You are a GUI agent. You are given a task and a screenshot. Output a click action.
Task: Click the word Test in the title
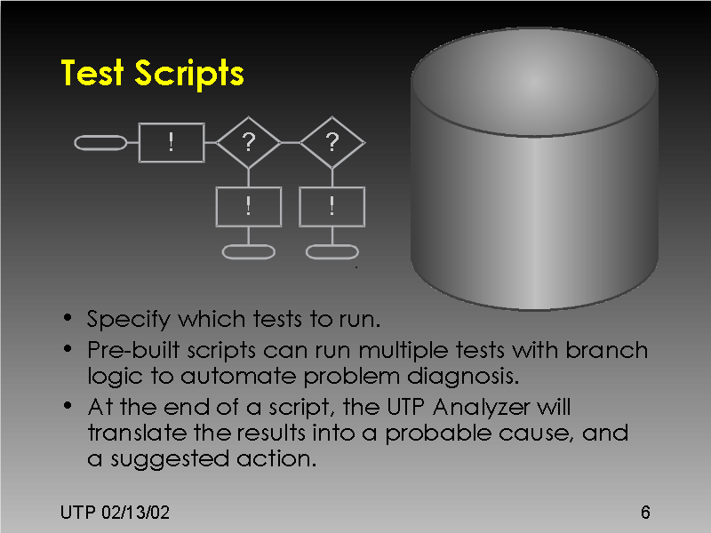click(x=94, y=73)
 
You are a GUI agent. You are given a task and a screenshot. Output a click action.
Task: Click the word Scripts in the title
click(x=190, y=75)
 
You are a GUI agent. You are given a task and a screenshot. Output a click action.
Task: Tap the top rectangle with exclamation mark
click(x=172, y=142)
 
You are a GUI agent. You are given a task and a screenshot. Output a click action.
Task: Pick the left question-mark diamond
click(x=248, y=141)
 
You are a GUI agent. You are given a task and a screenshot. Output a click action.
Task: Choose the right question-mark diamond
click(x=332, y=141)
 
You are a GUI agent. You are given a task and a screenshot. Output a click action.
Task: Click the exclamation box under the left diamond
click(x=249, y=206)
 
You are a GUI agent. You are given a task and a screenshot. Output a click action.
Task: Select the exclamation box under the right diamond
click(x=332, y=206)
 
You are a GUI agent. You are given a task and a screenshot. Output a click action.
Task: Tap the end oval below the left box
click(x=248, y=251)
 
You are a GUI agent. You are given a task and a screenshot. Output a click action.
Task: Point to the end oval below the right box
click(x=332, y=251)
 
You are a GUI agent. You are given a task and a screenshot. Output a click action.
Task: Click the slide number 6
click(x=644, y=513)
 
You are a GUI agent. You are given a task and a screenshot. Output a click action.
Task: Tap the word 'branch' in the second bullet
click(x=609, y=349)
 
